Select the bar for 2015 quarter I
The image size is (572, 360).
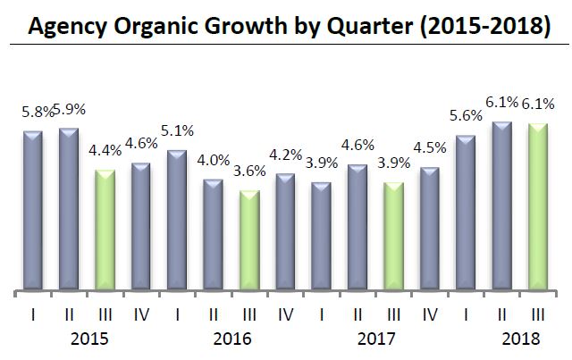33,211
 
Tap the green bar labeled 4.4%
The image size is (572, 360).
105,230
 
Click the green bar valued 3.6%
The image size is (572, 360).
249,240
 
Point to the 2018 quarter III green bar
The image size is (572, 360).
537,206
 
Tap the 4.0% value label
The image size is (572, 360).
212,161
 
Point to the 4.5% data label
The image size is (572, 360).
429,148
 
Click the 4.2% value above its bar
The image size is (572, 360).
285,155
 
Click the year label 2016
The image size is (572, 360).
232,339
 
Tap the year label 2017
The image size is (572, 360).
375,339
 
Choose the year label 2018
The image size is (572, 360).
519,339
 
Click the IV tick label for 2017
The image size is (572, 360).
429,314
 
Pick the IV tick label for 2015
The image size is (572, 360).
141,314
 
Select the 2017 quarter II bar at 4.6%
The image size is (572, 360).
357,228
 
